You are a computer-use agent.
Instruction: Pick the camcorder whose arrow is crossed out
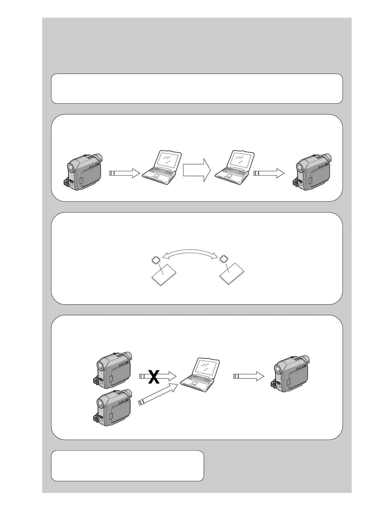[x=113, y=370]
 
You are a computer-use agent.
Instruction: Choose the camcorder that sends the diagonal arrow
[x=113, y=407]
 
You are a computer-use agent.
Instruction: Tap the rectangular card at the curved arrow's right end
[x=232, y=274]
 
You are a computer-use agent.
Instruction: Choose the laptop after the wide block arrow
[x=234, y=168]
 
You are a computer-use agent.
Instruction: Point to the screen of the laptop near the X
[x=206, y=366]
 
